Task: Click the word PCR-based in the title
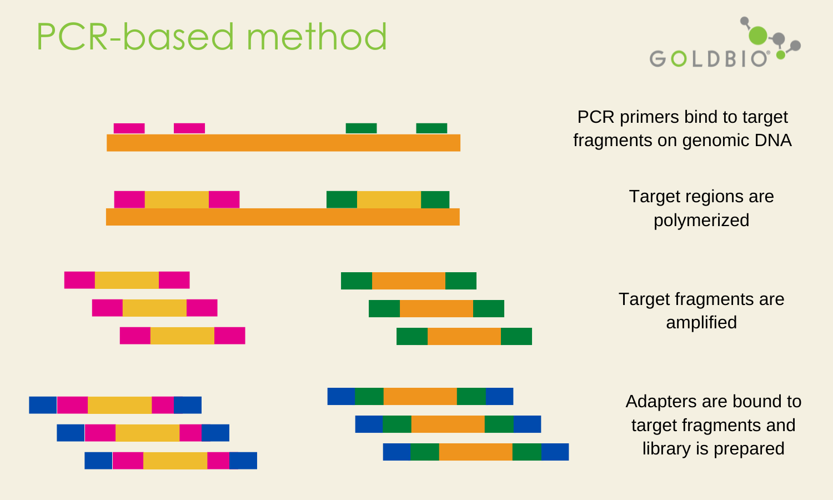pyautogui.click(x=136, y=36)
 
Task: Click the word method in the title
pyautogui.click(x=317, y=36)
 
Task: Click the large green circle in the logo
pyautogui.click(x=758, y=36)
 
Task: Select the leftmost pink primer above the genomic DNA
pyautogui.click(x=129, y=128)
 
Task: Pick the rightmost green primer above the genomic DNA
pyautogui.click(x=431, y=128)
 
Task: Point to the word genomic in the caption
pyautogui.click(x=708, y=141)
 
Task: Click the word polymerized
pyautogui.click(x=701, y=220)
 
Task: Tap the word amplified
pyautogui.click(x=701, y=322)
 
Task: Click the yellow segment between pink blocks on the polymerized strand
pyautogui.click(x=177, y=200)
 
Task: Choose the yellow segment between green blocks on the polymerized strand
pyautogui.click(x=389, y=200)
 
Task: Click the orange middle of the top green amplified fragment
pyautogui.click(x=409, y=281)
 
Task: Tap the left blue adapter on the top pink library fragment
pyautogui.click(x=43, y=405)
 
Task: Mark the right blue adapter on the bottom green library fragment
pyautogui.click(x=555, y=452)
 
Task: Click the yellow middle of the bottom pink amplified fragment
pyautogui.click(x=182, y=336)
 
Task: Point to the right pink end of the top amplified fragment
pyautogui.click(x=174, y=280)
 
